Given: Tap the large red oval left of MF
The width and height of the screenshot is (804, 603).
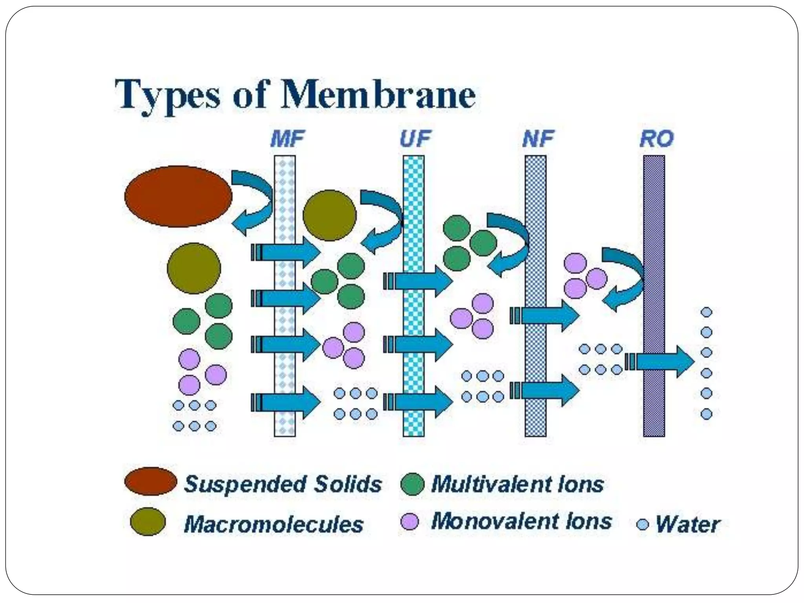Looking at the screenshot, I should [x=178, y=196].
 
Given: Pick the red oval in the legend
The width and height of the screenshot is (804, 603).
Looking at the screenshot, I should [x=150, y=481].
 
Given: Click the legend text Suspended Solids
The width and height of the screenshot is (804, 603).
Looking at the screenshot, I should [x=283, y=484].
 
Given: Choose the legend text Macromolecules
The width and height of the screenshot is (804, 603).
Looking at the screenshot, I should [x=274, y=524].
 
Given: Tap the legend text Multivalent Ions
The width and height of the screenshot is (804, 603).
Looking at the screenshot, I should [x=517, y=484].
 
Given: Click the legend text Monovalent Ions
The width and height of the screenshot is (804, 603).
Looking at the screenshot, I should [x=521, y=521].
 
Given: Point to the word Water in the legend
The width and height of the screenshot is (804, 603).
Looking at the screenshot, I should [x=688, y=524].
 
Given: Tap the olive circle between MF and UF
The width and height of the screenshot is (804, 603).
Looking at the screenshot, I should [x=329, y=215].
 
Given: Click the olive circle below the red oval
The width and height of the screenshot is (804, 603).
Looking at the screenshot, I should [x=194, y=268].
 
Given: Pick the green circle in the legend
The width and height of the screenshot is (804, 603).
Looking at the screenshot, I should [x=412, y=484].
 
